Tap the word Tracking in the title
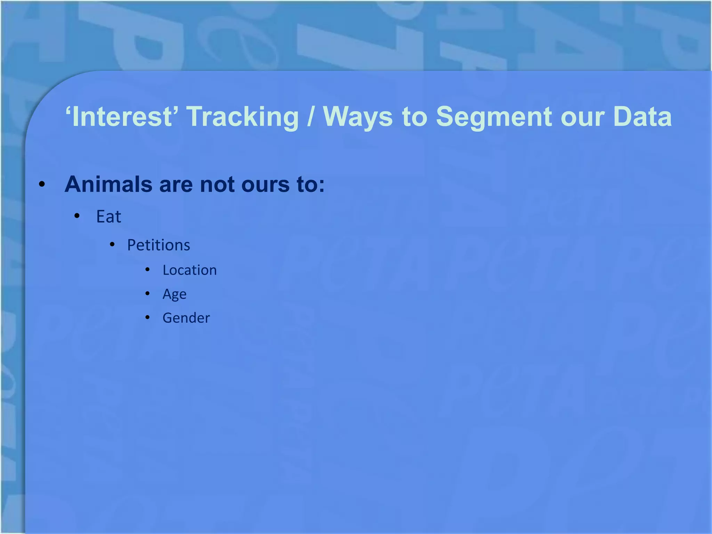point(243,117)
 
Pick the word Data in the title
point(642,116)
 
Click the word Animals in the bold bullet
point(108,184)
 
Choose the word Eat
point(108,217)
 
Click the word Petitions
point(159,245)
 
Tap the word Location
point(189,270)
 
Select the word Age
point(175,294)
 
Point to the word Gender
point(186,318)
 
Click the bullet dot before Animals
point(42,185)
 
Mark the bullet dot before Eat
point(77,216)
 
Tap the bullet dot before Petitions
point(112,245)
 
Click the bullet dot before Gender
point(147,317)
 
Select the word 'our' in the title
point(582,117)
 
